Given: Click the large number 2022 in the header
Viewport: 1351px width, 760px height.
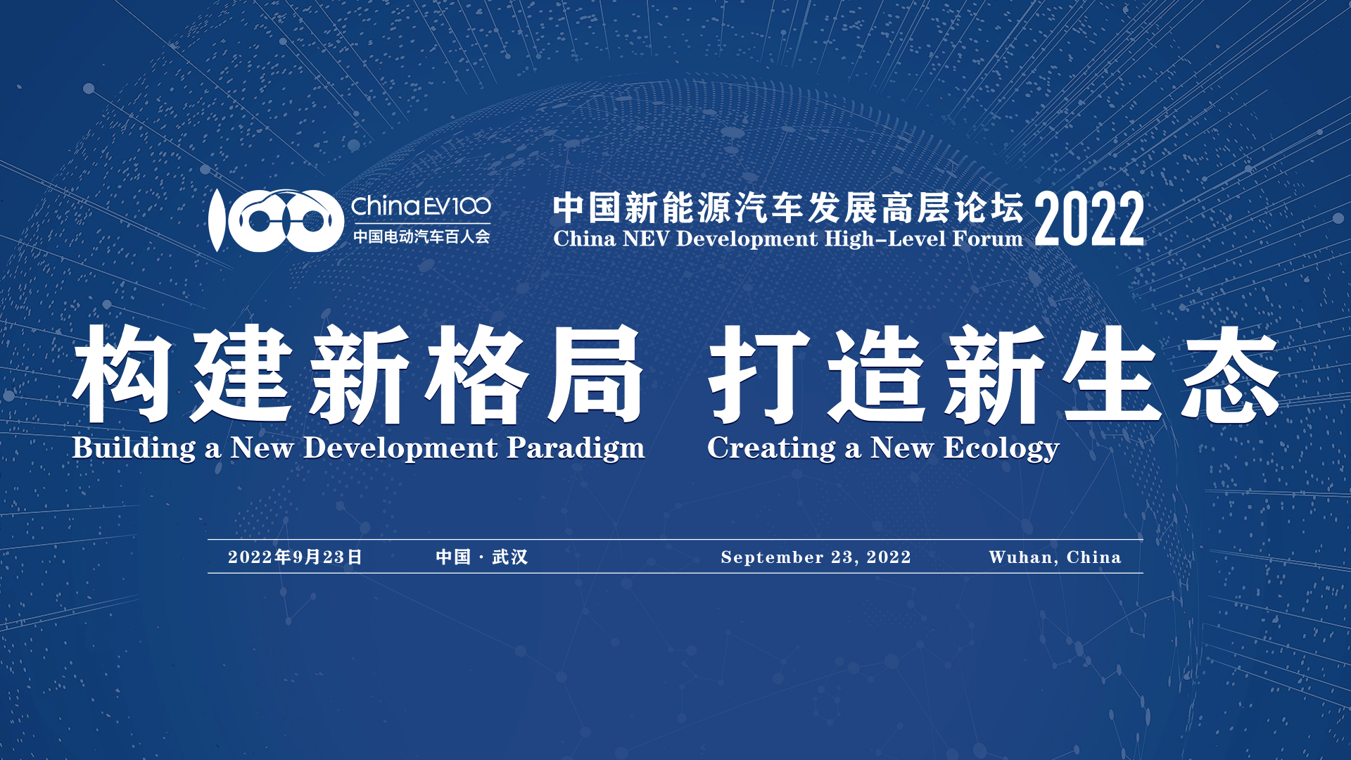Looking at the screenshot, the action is [x=1089, y=219].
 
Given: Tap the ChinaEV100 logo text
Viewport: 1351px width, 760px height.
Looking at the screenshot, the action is [x=421, y=206].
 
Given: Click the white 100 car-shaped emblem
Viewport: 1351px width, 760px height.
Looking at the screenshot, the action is [x=275, y=220].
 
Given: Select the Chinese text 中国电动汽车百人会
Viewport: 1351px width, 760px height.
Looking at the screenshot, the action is [x=421, y=236].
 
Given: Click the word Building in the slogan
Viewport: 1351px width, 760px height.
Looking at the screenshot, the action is [x=134, y=449].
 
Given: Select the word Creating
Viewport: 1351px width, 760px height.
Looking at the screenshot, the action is [x=772, y=449].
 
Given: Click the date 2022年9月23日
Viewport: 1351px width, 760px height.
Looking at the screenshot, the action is [x=295, y=557].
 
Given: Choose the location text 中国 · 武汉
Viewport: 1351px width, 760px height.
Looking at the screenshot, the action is [x=482, y=557].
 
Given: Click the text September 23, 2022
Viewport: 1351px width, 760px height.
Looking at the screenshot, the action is [x=816, y=557].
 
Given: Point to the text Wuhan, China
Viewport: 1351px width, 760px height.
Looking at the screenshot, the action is [x=1055, y=557].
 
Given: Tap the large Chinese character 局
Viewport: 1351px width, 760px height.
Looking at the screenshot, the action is [x=595, y=374].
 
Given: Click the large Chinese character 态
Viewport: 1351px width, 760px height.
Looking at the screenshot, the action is [x=1230, y=374].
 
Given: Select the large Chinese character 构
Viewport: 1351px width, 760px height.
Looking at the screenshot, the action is [x=122, y=374].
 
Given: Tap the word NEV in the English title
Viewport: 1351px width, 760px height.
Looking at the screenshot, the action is [x=646, y=239].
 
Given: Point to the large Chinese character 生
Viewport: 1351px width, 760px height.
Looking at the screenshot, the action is [x=1112, y=374].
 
